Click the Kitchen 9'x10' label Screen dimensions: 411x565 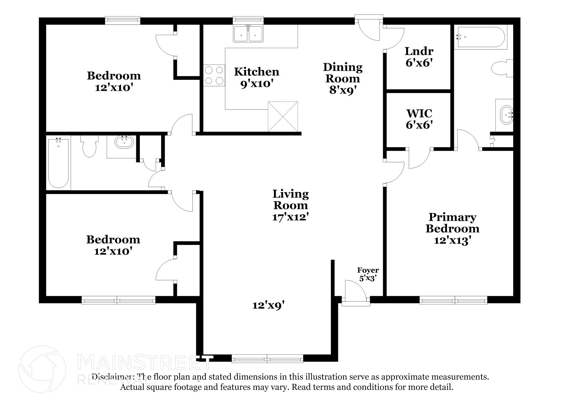click(257, 78)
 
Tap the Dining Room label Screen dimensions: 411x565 click(343, 78)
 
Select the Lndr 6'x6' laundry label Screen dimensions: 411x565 click(419, 57)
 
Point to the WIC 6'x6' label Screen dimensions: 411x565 click(419, 119)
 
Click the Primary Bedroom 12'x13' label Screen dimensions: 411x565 click(452, 229)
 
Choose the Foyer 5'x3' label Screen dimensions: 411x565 click(368, 274)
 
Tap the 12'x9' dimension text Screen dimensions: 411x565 click(268, 305)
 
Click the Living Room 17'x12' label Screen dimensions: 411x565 click(290, 205)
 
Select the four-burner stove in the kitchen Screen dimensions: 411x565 click(214, 75)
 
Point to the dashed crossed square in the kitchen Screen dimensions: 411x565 click(283, 116)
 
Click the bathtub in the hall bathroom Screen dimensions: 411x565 click(58, 163)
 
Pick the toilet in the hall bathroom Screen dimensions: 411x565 click(89, 146)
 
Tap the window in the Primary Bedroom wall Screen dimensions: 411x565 click(453, 300)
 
